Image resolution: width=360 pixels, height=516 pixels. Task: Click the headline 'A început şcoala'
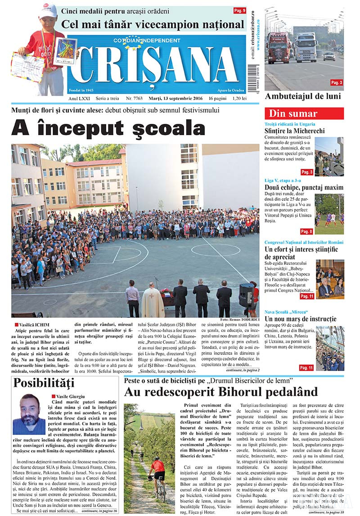coord(108,128)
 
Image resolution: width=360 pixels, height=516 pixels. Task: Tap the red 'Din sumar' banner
coord(304,113)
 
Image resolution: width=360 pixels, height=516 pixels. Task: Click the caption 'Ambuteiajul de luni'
coord(303,96)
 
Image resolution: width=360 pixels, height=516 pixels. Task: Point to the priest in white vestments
coord(153,300)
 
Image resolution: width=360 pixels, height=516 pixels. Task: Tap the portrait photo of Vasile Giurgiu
coord(29,414)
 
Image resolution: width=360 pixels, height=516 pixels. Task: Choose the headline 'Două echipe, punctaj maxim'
coord(304,187)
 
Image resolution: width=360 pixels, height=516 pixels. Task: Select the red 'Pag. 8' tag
coord(306,231)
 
